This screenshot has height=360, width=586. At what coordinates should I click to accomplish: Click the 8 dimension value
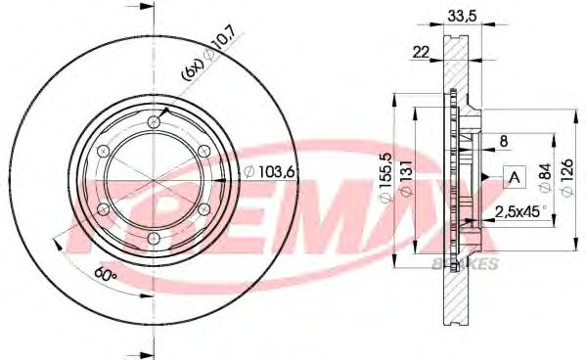point(503,141)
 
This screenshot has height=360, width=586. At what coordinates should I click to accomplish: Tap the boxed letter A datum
point(515,177)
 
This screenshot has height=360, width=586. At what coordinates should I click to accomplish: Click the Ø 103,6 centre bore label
point(269,171)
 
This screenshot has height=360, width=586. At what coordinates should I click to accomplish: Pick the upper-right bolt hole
point(203,151)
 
